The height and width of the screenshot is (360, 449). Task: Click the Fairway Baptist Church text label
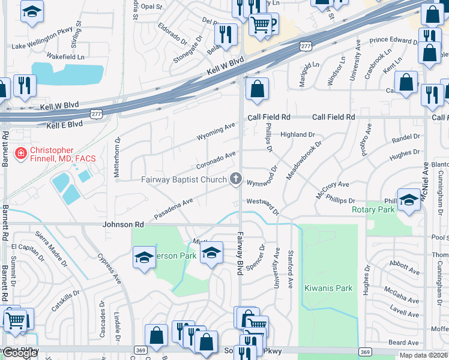(182, 179)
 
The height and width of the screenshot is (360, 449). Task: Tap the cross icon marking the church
(236, 179)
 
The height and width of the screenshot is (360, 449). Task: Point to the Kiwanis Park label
(328, 288)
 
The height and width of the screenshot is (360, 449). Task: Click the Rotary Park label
(373, 210)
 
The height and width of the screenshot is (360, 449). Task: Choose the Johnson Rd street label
(124, 224)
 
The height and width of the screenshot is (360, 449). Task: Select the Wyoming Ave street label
(217, 132)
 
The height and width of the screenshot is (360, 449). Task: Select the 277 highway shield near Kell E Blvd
(95, 113)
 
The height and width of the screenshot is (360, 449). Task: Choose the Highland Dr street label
(297, 135)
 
